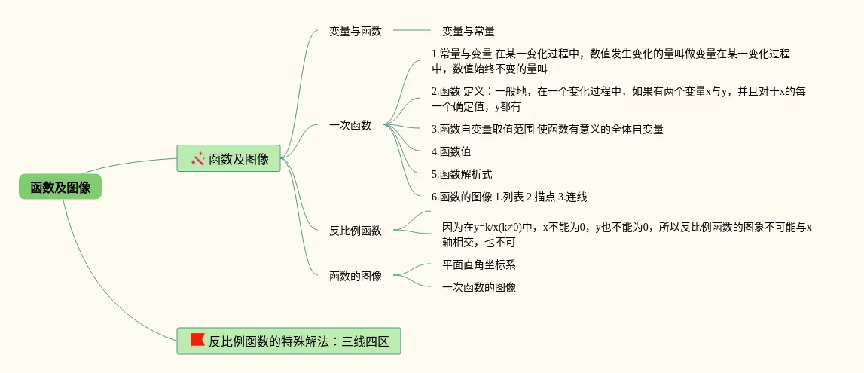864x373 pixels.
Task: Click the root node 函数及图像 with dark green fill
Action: pyautogui.click(x=60, y=187)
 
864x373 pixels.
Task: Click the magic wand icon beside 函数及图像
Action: pyautogui.click(x=198, y=158)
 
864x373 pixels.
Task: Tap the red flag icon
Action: pyautogui.click(x=197, y=341)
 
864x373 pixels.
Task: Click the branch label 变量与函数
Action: pyautogui.click(x=356, y=31)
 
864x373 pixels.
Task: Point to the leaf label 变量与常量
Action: pyautogui.click(x=468, y=31)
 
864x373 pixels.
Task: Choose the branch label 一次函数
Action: pyautogui.click(x=350, y=125)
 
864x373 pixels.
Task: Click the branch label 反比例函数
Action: pyautogui.click(x=356, y=231)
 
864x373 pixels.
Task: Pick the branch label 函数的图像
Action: pyautogui.click(x=356, y=276)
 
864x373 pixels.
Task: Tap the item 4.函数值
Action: pyautogui.click(x=451, y=151)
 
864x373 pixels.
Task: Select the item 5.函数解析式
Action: pyautogui.click(x=462, y=174)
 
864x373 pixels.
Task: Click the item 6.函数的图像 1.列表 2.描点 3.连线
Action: pyautogui.click(x=509, y=197)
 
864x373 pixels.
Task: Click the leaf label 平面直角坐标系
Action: pyautogui.click(x=478, y=264)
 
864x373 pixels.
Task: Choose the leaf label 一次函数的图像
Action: pyautogui.click(x=478, y=287)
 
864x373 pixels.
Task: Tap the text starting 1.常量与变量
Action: pyautogui.click(x=611, y=61)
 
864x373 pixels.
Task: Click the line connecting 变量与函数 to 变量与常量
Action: pyautogui.click(x=412, y=31)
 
